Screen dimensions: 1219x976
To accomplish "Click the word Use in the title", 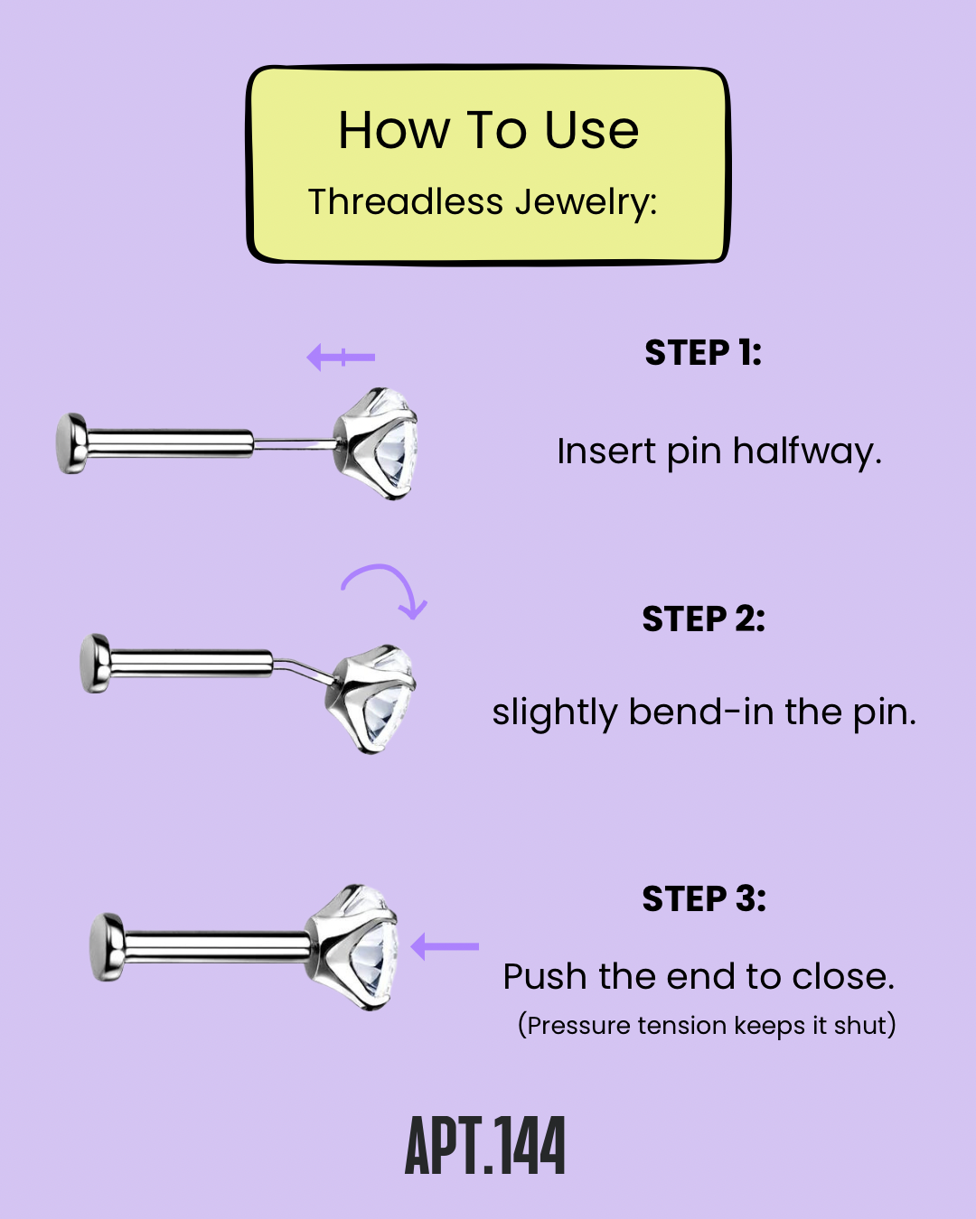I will [592, 131].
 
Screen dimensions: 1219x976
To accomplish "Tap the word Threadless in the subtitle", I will [406, 202].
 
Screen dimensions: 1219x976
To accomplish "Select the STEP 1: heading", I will [703, 353].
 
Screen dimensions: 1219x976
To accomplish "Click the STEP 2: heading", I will [703, 619].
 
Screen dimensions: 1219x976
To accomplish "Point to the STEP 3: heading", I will [704, 899].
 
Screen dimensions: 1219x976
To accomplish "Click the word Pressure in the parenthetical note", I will [578, 1026].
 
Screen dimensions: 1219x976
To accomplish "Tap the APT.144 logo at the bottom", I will [485, 1146].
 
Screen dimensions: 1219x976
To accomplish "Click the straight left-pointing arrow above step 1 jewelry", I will [341, 358].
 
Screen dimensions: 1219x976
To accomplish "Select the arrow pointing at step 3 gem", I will [445, 947].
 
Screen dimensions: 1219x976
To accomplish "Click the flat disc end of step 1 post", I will [70, 443].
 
